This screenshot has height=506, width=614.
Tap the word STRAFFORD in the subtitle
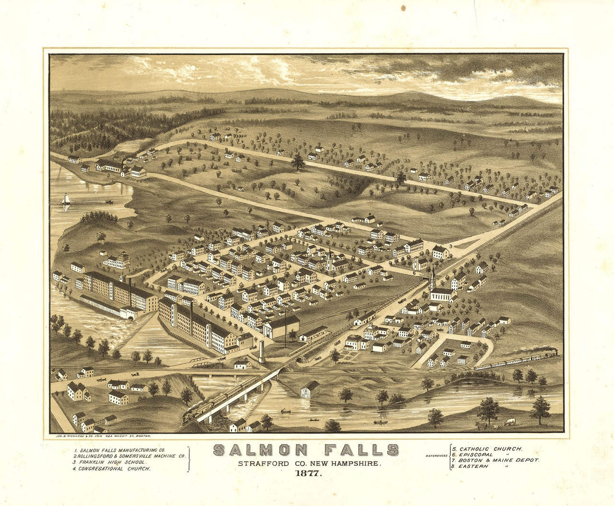coord(257,464)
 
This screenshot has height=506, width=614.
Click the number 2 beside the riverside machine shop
coord(108,176)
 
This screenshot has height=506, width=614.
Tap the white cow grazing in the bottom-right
coord(509,422)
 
